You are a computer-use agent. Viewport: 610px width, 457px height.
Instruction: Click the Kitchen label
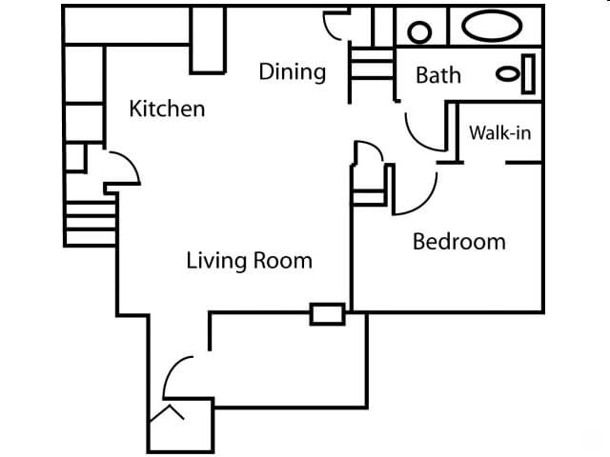coord(167,109)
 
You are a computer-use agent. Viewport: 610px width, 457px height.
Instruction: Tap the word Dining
coord(293,72)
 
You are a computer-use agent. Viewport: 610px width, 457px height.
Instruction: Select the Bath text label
coord(438,75)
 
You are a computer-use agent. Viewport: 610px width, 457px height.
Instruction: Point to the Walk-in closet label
coord(499,133)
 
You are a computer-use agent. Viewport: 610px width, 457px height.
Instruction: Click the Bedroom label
coord(458,242)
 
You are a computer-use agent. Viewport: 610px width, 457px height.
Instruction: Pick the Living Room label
coord(249,260)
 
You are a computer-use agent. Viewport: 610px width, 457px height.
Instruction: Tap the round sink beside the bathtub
coord(421,31)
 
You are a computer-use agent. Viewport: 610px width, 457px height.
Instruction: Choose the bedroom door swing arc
coord(415,191)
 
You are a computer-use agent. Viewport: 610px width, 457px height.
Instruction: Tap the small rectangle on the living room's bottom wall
coord(327,314)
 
